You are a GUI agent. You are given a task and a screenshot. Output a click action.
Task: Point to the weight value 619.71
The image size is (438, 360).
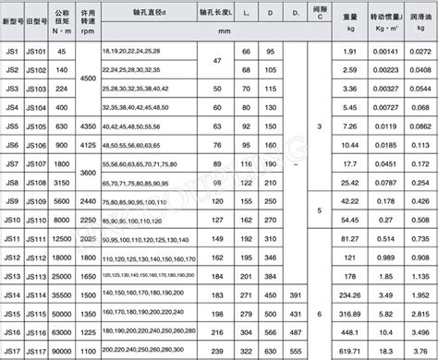(350, 350)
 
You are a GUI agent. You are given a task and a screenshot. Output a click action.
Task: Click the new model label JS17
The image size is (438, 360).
(12, 350)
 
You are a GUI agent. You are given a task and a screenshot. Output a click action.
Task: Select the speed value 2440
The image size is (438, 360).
(87, 200)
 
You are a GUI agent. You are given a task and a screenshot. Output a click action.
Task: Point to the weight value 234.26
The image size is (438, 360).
(350, 294)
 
